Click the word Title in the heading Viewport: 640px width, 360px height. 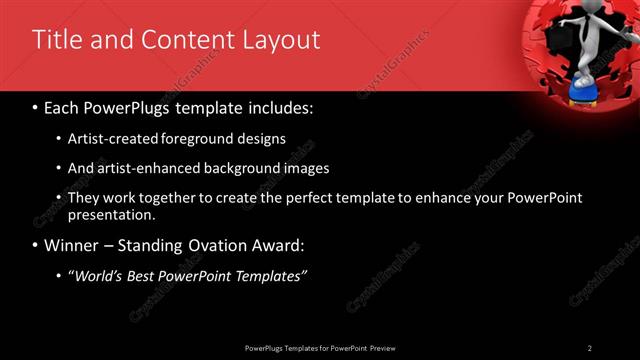coord(56,40)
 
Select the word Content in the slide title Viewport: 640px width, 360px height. coord(186,40)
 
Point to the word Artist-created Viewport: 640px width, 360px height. coord(109,139)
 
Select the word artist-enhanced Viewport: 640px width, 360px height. coord(139,169)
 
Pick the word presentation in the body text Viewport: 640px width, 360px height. coord(111,214)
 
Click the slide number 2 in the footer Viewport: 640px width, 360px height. coord(590,347)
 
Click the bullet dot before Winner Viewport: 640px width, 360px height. coord(35,245)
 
